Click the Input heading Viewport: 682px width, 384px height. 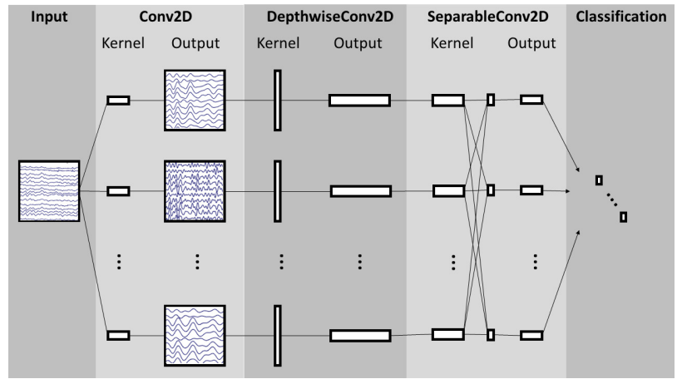(48, 16)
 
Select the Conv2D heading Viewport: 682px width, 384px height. (170, 16)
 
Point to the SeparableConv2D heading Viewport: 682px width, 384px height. (486, 16)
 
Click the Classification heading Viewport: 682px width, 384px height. (625, 16)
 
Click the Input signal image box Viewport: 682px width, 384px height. (49, 191)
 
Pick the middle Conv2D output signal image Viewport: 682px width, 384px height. (195, 191)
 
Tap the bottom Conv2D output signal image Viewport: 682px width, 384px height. (195, 335)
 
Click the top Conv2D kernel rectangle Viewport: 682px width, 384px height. (118, 101)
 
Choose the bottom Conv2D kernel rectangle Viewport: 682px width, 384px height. (118, 335)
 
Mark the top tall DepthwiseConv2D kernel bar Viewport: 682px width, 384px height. (278, 101)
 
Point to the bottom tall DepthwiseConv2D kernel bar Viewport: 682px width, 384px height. (278, 335)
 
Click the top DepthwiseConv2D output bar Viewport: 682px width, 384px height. (359, 101)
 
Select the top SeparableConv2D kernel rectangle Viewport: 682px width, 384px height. (447, 101)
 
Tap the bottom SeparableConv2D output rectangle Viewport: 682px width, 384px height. (531, 335)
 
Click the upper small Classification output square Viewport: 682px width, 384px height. (599, 180)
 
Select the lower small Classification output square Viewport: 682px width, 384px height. (624, 217)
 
